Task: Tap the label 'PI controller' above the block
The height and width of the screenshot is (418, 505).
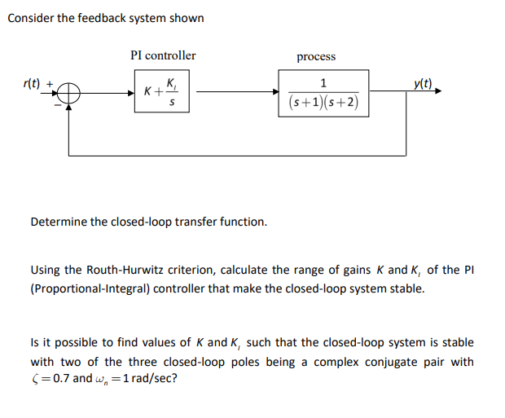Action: coord(163,55)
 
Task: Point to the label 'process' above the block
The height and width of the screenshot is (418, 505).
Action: coord(316,56)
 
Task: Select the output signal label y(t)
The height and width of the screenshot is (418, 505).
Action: coord(424,82)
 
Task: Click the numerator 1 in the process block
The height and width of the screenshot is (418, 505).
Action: coord(324,83)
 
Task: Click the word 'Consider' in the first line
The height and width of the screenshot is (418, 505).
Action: coord(30,18)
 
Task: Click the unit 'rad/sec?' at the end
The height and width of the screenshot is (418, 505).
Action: coord(156,379)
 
